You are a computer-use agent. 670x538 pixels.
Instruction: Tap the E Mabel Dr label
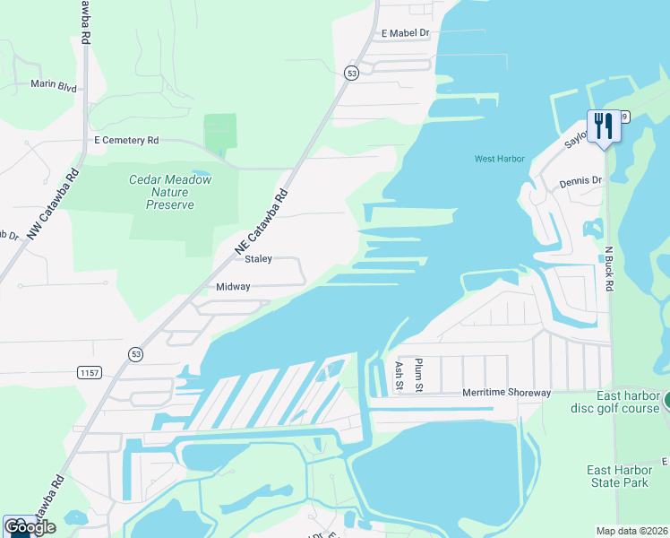pyautogui.click(x=406, y=33)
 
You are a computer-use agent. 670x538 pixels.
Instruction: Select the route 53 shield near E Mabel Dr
pyautogui.click(x=352, y=73)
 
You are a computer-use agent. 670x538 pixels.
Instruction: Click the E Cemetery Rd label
pyautogui.click(x=126, y=141)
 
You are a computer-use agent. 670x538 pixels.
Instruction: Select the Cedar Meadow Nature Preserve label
pyautogui.click(x=170, y=192)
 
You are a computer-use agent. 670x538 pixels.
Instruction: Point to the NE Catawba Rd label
pyautogui.click(x=262, y=221)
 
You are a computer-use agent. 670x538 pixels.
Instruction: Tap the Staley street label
pyautogui.click(x=258, y=259)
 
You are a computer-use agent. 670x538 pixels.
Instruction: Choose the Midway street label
pyautogui.click(x=233, y=287)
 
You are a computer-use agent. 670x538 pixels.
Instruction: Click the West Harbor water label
pyautogui.click(x=499, y=160)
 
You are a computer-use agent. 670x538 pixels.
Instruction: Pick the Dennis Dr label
pyautogui.click(x=580, y=181)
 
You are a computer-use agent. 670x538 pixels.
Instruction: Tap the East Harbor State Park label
pyautogui.click(x=617, y=476)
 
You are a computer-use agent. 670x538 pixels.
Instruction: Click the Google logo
pyautogui.click(x=30, y=527)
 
